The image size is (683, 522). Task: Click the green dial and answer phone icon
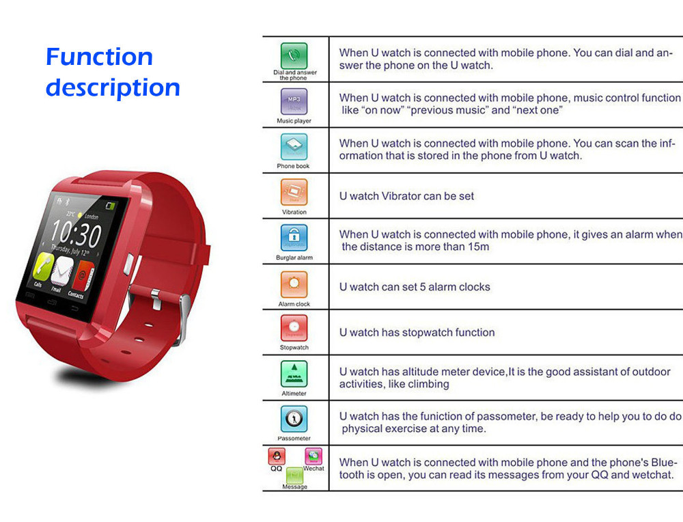[x=294, y=56]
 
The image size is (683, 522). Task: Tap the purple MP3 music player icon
[x=294, y=102]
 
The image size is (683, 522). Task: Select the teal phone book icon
[x=294, y=147]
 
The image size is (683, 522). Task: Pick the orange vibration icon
[x=294, y=192]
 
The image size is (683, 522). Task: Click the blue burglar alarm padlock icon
[x=294, y=238]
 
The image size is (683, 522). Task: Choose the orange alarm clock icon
[x=294, y=284]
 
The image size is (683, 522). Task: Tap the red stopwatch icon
[x=294, y=328]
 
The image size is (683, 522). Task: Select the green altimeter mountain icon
[x=294, y=374]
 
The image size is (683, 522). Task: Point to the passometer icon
[x=294, y=419]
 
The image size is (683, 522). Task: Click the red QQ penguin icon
[x=277, y=456]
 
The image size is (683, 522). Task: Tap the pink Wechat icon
[x=313, y=456]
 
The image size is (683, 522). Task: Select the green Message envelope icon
[x=294, y=476]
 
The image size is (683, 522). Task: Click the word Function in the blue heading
[x=99, y=57]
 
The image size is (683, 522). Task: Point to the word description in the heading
[x=113, y=88]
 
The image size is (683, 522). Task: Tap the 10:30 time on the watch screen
[x=76, y=233]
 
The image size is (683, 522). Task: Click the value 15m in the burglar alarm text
[x=479, y=247]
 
